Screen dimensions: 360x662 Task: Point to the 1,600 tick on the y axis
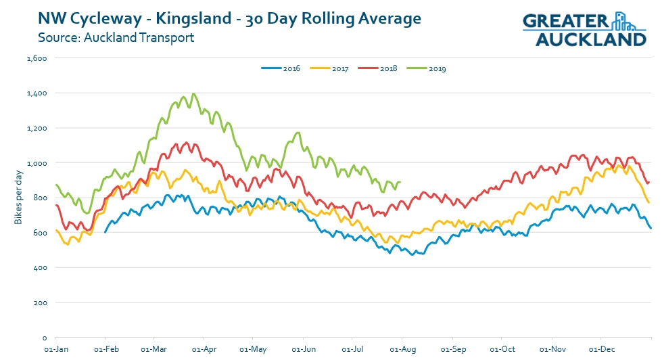36,58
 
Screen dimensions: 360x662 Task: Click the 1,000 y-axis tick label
36,163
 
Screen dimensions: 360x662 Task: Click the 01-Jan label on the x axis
55,351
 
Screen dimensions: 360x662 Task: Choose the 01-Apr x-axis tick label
204,351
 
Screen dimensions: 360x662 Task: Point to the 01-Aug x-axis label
402,351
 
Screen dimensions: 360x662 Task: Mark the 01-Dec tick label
600,351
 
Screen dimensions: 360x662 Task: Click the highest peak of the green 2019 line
193,93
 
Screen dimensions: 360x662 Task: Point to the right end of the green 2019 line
400,182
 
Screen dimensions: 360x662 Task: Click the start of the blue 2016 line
105,232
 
